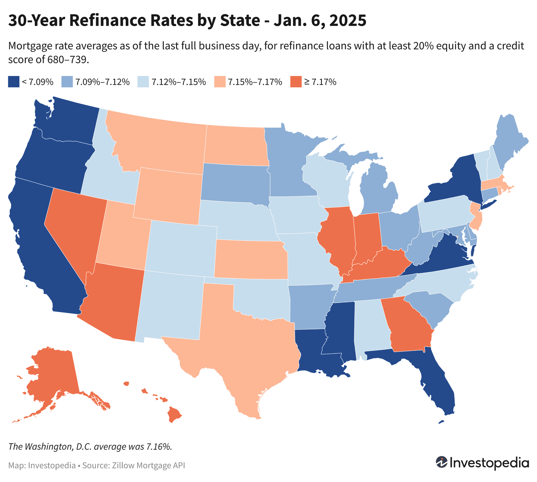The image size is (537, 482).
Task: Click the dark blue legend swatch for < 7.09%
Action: coord(14,82)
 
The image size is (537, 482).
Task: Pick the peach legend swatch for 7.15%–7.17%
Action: coord(220,82)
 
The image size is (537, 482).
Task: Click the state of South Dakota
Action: coord(234,183)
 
